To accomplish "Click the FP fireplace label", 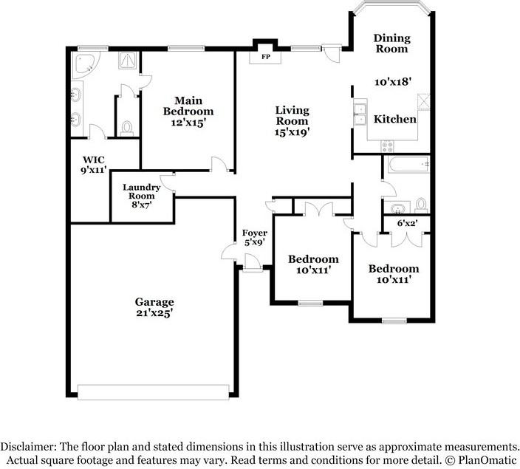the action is coord(266,57).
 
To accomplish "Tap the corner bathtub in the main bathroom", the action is coord(85,64).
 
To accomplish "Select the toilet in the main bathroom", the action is coord(126,129).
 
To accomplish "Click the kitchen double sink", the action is coord(360,114).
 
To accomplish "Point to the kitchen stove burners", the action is coord(387,146).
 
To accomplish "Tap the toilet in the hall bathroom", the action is coord(421,205).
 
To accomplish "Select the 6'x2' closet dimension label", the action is coord(407,223).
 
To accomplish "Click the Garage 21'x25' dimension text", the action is coord(154,312).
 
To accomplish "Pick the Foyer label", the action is coord(255,233).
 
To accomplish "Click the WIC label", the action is coord(94,160).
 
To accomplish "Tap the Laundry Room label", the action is coord(142,191).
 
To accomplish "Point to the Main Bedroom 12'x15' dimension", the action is coord(188,123).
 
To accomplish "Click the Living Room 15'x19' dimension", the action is coord(292,132).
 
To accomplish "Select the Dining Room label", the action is coord(392,43).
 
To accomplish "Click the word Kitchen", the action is coord(395,119).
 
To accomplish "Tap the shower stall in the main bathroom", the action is coord(127,61).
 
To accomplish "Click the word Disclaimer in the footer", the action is coord(29,446).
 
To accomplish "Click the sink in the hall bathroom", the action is coord(397,209).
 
